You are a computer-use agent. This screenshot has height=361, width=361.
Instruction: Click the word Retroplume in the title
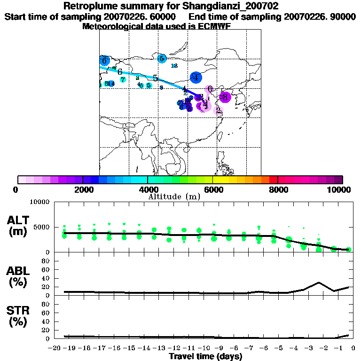89,7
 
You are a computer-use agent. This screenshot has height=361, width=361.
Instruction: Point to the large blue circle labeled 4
196,78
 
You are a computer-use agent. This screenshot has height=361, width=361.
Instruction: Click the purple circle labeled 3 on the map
225,97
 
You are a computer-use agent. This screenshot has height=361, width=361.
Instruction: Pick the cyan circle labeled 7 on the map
123,79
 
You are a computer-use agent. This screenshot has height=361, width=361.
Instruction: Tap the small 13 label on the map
174,66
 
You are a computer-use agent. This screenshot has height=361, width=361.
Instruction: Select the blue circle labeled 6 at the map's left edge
104,61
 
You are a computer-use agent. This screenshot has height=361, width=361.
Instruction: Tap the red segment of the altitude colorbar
273,180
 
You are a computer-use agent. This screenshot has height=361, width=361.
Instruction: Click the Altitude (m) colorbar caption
174,196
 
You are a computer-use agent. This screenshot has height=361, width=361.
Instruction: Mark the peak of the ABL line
319,283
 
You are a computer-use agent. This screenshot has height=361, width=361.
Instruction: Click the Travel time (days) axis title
205,356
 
